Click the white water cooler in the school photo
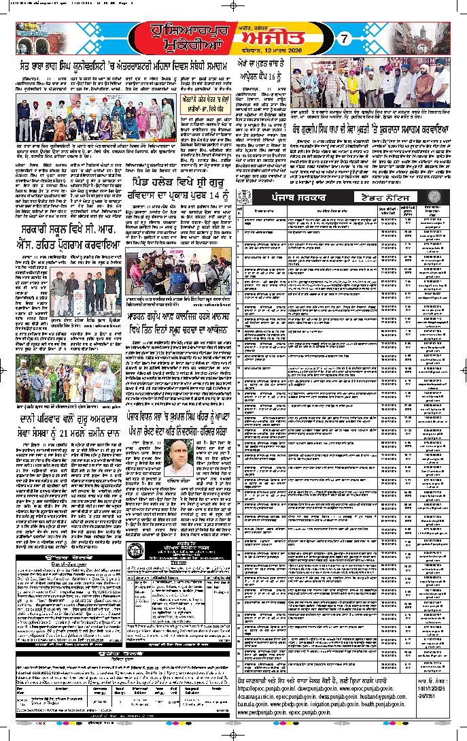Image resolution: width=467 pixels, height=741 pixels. (x=79, y=291)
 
